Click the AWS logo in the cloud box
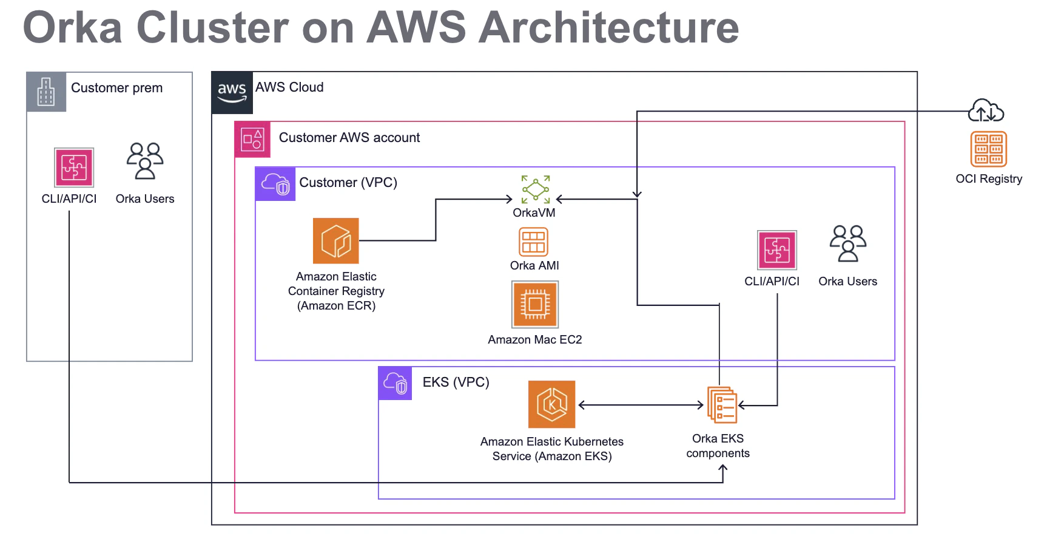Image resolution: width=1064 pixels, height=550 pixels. [x=232, y=92]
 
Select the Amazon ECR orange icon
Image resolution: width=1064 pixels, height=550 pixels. [x=336, y=241]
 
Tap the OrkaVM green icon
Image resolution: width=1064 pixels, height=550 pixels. [x=536, y=189]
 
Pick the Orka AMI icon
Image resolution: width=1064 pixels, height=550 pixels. [x=534, y=242]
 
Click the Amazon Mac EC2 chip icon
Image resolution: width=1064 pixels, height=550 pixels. [x=535, y=304]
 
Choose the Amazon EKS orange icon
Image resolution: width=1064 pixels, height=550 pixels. [x=551, y=404]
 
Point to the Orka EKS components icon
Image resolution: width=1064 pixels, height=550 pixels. [x=722, y=405]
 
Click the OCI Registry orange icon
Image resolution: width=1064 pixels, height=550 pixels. [x=988, y=149]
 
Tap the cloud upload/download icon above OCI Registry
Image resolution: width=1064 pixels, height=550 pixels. [x=986, y=111]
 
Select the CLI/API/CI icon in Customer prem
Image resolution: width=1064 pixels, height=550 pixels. [x=74, y=168]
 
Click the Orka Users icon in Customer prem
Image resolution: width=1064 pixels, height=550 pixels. [x=145, y=161]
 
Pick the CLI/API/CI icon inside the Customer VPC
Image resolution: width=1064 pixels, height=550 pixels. [x=777, y=250]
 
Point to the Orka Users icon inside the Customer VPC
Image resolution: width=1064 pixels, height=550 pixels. [x=848, y=243]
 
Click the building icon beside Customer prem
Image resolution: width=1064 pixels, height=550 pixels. [x=46, y=92]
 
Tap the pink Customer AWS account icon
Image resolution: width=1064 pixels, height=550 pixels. [x=252, y=140]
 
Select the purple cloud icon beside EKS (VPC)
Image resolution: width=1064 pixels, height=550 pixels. [x=395, y=383]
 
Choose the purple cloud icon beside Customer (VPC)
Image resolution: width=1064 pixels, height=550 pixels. [x=275, y=184]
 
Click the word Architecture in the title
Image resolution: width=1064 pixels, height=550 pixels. [x=608, y=28]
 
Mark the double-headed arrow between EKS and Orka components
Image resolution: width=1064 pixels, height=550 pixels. [x=641, y=405]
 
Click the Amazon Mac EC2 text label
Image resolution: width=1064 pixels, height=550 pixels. [x=535, y=340]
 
